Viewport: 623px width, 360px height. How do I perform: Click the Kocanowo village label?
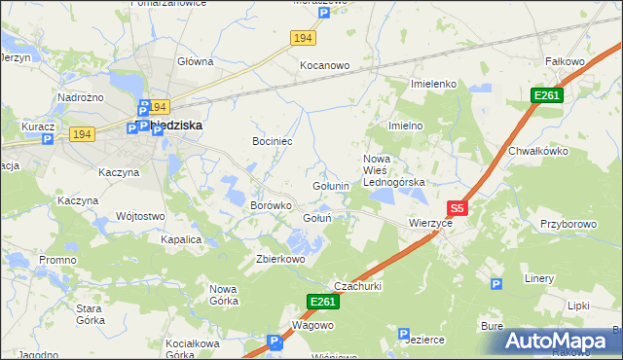point(324,65)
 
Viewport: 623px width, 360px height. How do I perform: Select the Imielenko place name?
point(434,84)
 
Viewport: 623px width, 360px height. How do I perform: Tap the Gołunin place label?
point(331,186)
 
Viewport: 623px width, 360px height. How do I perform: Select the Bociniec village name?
point(274,141)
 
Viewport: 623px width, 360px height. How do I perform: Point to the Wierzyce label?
point(430,222)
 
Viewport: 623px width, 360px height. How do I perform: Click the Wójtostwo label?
point(139,216)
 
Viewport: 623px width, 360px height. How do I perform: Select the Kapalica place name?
point(181,238)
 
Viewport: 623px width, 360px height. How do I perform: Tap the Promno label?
point(57,260)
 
